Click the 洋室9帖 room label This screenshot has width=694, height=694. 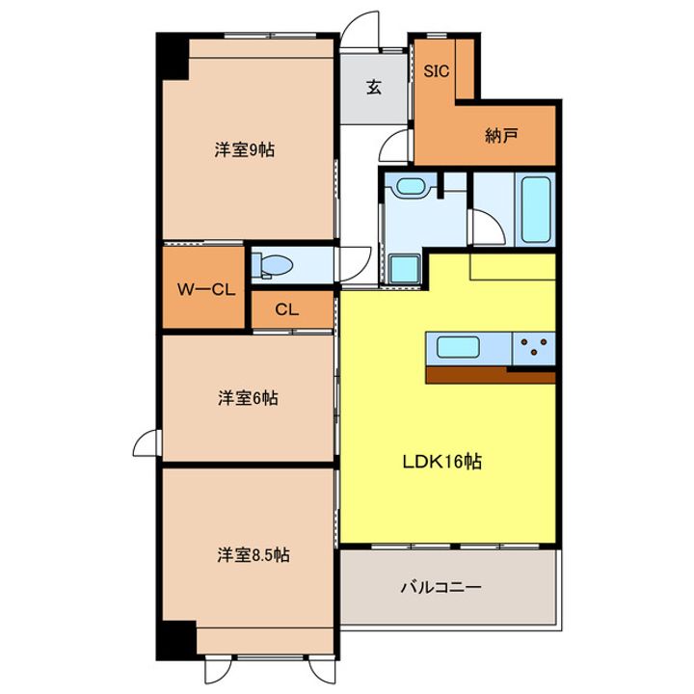click(x=244, y=150)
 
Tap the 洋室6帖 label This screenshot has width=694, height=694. click(x=248, y=398)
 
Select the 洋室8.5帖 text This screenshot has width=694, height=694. click(x=254, y=554)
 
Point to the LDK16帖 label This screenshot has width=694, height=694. click(x=441, y=462)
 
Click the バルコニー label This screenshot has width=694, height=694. click(x=440, y=587)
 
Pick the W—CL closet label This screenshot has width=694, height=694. click(x=206, y=290)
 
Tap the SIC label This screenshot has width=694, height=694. click(x=437, y=71)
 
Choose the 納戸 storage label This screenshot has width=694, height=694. click(x=501, y=136)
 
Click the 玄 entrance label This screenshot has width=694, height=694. click(x=374, y=87)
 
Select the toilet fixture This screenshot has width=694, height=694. click(x=273, y=266)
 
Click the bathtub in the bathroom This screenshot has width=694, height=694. click(x=536, y=209)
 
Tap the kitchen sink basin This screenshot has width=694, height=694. click(x=458, y=347)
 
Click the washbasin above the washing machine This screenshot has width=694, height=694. click(x=411, y=186)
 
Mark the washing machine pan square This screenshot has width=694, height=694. click(x=404, y=269)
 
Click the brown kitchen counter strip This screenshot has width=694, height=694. click(x=491, y=375)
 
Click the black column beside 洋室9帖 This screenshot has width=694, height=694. click(x=173, y=56)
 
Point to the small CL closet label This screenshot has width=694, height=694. click(x=287, y=309)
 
